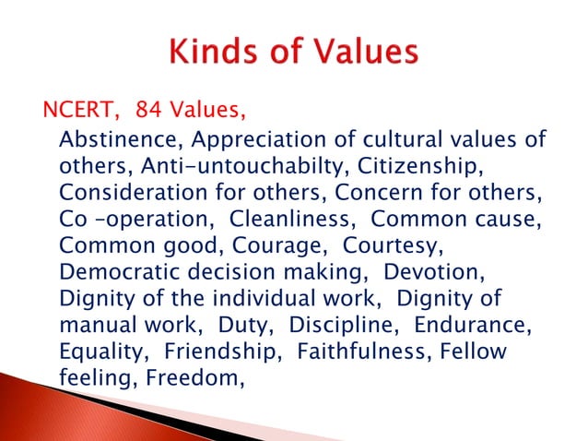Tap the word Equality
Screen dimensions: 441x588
click(x=102, y=354)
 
